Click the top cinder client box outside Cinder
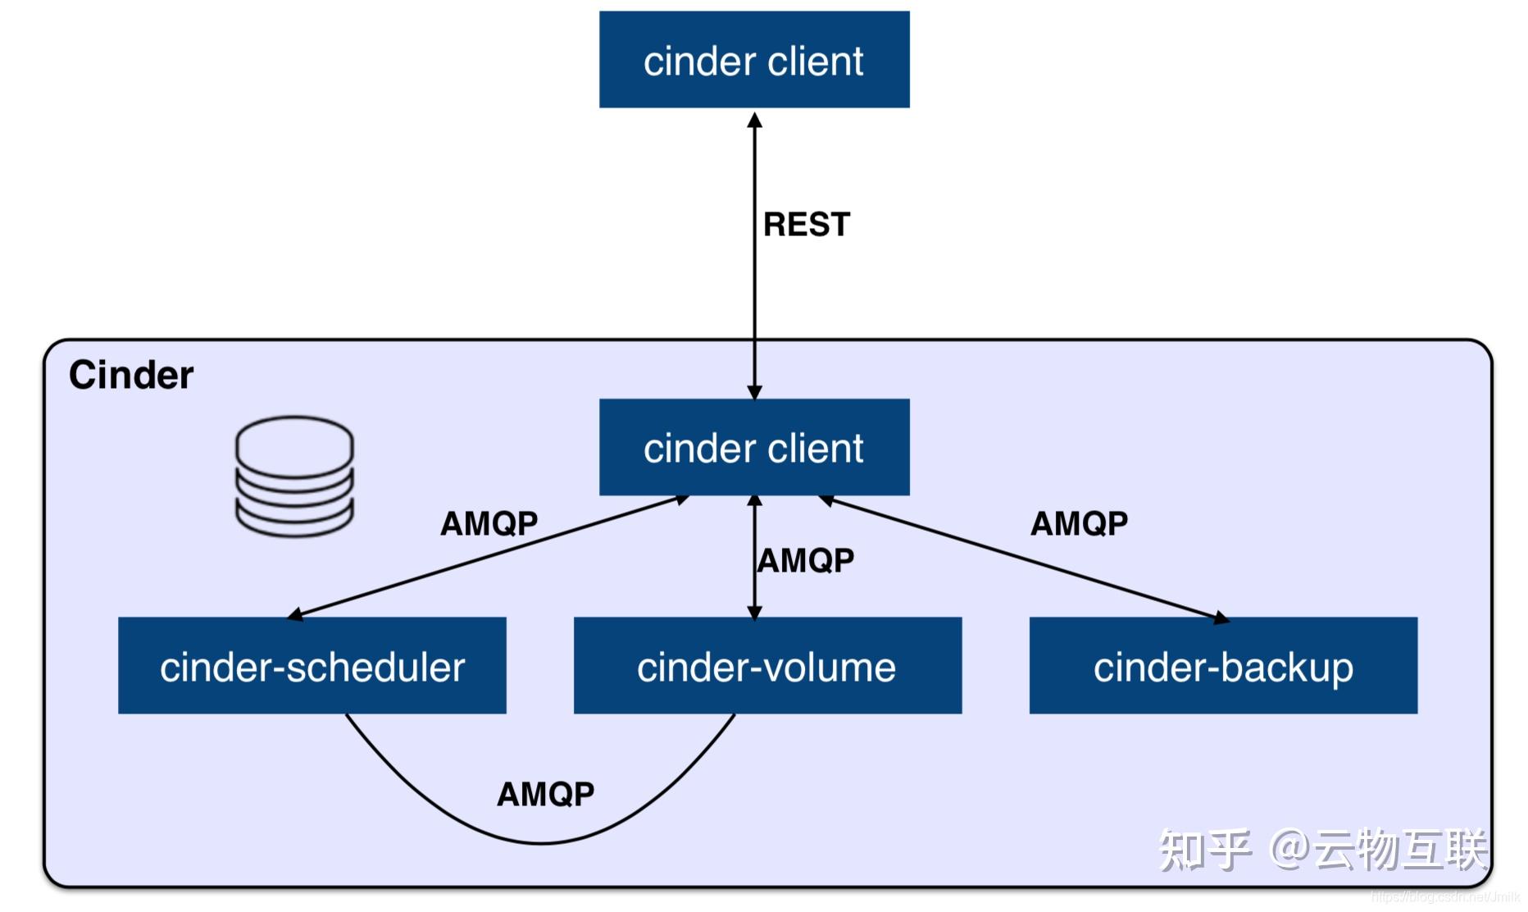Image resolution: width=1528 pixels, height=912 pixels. point(754,60)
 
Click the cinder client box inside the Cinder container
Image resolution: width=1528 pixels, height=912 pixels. point(754,447)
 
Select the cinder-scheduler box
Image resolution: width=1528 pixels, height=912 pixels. point(312,666)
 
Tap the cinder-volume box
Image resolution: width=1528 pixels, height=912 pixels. point(767,666)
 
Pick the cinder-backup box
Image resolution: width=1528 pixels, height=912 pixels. point(1223,666)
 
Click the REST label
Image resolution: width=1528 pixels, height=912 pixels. point(807,225)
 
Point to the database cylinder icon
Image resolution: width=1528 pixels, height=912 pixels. point(294,476)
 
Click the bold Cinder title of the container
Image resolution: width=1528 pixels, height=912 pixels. point(131,376)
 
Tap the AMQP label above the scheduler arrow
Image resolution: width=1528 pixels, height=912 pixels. point(489,523)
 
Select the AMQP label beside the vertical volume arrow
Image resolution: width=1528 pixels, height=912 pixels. point(807,561)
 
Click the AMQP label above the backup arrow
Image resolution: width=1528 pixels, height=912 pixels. point(1079,523)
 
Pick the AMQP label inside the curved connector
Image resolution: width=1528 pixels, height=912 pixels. point(546,794)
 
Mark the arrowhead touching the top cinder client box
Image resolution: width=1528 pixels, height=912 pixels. point(755,121)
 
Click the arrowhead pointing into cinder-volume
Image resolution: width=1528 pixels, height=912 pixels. point(755,611)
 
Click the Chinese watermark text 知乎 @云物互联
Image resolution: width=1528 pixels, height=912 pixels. point(1321,850)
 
